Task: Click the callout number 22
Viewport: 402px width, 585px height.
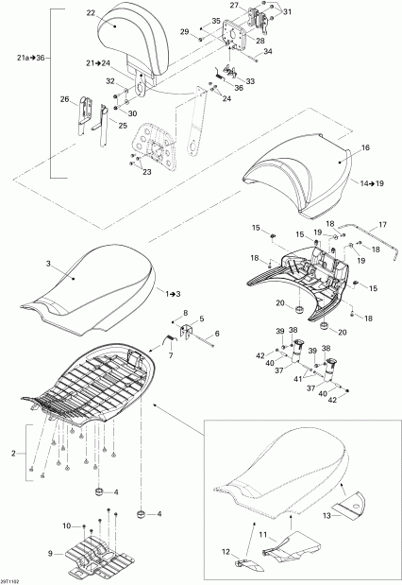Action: point(90,13)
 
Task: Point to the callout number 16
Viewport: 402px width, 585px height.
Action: point(364,148)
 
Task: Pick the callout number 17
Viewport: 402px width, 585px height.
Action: point(382,224)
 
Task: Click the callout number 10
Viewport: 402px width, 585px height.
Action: point(66,525)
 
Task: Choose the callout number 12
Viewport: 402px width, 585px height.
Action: point(251,549)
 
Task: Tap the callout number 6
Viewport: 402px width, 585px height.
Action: point(217,334)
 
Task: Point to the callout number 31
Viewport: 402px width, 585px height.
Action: point(288,12)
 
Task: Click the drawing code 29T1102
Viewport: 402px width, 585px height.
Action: point(14,576)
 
